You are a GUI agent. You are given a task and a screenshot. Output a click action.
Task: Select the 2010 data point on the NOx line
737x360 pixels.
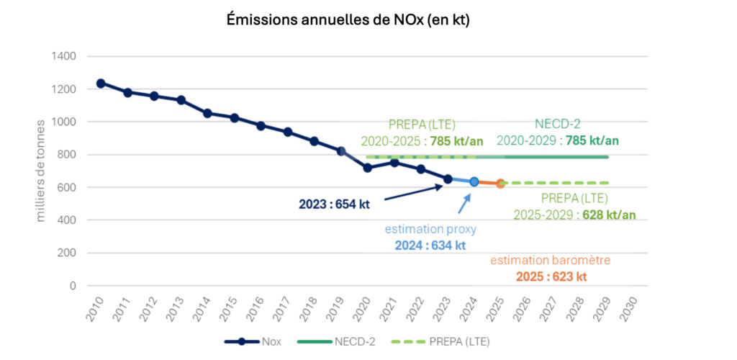101,84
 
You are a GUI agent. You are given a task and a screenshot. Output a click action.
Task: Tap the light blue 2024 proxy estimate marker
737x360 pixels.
474,182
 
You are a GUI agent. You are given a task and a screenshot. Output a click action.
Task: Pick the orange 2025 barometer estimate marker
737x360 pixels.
501,184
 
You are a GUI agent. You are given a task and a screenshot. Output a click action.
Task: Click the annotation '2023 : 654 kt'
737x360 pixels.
334,204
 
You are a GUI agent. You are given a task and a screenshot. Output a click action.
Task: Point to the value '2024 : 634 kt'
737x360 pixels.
430,245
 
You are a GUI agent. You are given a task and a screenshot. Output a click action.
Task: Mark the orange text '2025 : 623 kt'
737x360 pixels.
551,276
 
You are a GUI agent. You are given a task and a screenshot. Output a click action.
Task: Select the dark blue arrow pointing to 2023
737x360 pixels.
413,192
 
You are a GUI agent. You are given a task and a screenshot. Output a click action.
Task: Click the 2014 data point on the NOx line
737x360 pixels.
207,113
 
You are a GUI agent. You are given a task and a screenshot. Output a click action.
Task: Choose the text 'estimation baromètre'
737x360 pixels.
551,261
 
